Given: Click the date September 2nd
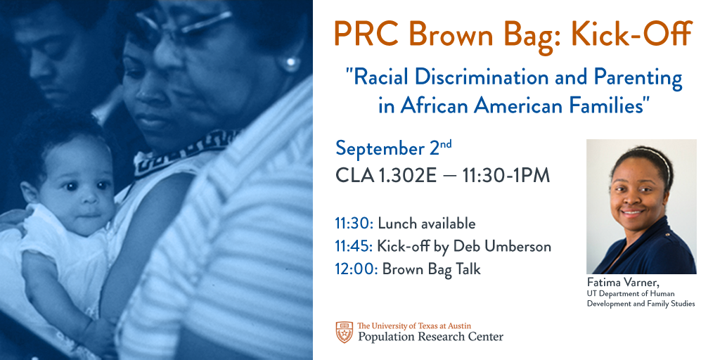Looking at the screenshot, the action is click(x=394, y=148).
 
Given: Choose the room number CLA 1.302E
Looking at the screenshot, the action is click(x=386, y=175).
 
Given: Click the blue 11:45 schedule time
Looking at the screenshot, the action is click(x=354, y=247).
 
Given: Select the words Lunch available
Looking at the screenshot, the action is click(x=426, y=224).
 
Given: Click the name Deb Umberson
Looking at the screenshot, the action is click(x=502, y=247).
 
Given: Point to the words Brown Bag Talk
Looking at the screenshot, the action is click(x=431, y=269).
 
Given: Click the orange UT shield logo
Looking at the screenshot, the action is click(x=344, y=332).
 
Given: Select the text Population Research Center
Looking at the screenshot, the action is click(x=430, y=337).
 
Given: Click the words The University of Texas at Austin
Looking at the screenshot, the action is click(x=413, y=326).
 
